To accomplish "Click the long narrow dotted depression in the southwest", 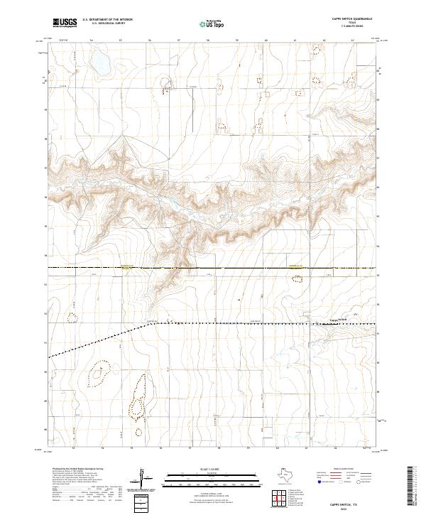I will [x=136, y=398].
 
